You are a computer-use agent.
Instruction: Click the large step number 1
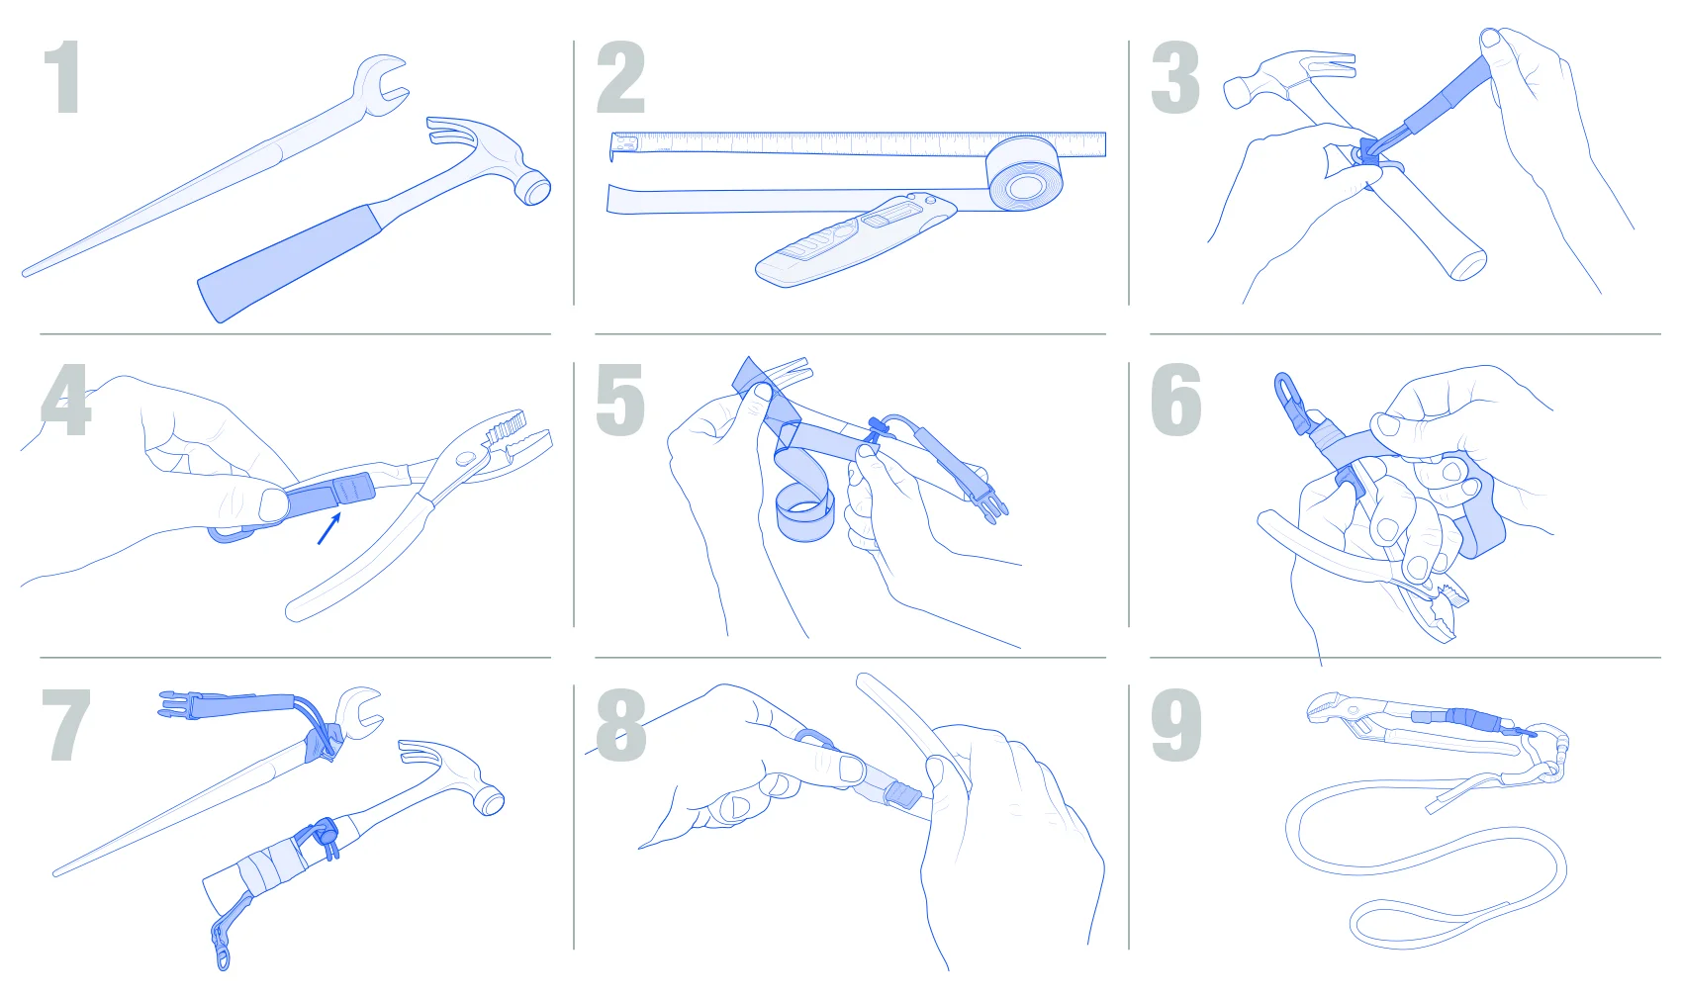point(63,76)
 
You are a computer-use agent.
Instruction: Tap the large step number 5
point(620,400)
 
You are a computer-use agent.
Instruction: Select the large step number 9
point(1175,725)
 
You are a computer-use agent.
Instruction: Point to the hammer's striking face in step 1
point(536,187)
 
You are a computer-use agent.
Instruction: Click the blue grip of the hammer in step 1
point(289,259)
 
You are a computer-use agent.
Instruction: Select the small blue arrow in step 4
point(329,528)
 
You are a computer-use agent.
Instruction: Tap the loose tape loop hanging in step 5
point(804,511)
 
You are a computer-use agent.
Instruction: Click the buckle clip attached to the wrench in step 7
point(177,704)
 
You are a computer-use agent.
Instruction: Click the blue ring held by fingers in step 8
point(814,738)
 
